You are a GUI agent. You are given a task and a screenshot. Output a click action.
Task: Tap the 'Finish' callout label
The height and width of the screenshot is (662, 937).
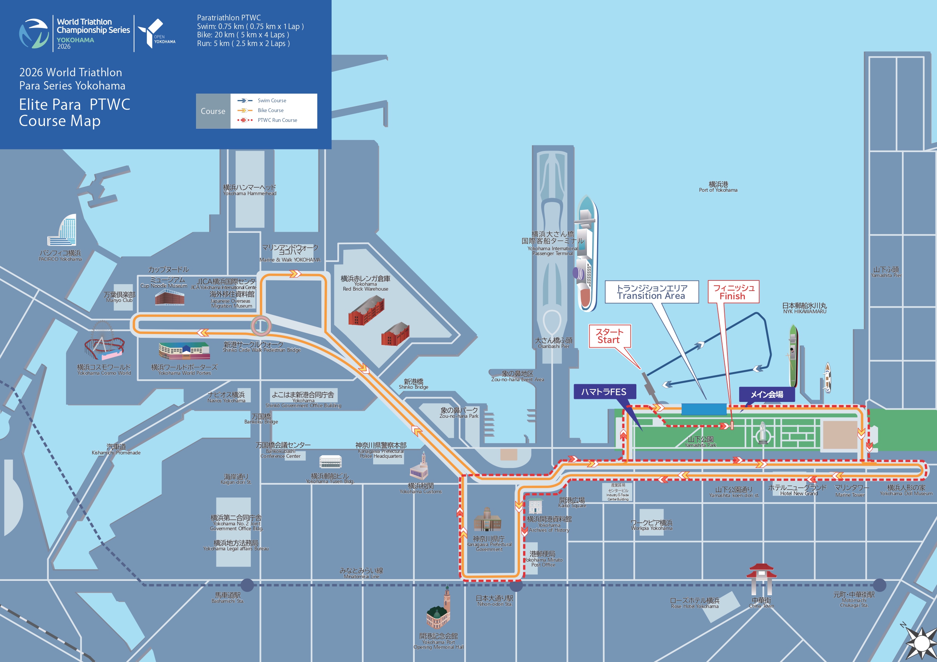click(x=733, y=292)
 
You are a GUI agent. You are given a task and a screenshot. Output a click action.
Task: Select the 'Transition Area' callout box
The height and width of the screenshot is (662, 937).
click(x=651, y=292)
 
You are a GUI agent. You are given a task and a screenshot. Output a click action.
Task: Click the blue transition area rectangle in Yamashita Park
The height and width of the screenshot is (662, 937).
click(x=704, y=409)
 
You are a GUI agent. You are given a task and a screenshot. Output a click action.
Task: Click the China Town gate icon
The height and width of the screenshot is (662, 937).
click(x=761, y=579)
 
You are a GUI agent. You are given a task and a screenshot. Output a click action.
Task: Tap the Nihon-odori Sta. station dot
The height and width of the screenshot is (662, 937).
click(x=516, y=585)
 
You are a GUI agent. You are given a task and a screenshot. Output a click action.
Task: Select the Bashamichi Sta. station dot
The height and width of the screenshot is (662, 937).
click(x=247, y=585)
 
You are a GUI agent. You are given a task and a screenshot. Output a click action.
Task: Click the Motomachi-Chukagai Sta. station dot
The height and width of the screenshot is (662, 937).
click(x=880, y=585)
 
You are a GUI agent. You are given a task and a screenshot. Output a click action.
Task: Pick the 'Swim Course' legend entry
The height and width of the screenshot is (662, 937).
click(x=272, y=100)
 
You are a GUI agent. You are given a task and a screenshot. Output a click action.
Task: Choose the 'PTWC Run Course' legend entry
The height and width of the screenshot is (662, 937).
click(x=277, y=120)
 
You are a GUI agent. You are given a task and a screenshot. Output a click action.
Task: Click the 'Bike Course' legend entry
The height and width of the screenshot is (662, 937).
click(x=270, y=110)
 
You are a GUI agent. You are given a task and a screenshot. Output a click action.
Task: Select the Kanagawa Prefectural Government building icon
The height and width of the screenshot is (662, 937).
click(x=487, y=520)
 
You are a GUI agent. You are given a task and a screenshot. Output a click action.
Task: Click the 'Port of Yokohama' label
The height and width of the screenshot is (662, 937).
click(x=718, y=187)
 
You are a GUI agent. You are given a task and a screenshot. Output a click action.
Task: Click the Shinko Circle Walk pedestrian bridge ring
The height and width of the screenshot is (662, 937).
click(x=261, y=325)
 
